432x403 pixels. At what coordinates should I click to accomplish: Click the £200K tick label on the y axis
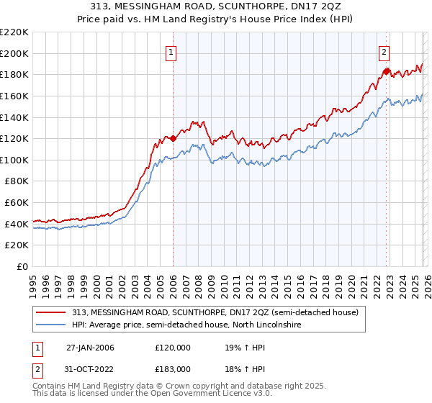click(x=14, y=53)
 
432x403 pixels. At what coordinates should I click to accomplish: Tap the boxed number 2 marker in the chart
click(x=384, y=52)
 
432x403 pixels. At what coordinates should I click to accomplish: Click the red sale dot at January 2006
click(x=174, y=138)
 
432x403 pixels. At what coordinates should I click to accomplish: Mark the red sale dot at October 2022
click(x=386, y=71)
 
